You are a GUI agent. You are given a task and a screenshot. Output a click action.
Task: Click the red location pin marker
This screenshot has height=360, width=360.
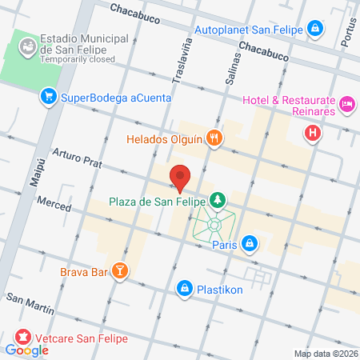(x=180, y=177)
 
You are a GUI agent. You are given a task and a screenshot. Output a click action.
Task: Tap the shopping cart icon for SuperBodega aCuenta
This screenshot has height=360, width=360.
(x=49, y=98)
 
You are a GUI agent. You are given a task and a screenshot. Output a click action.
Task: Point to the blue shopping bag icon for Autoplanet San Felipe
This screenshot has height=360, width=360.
(x=316, y=30)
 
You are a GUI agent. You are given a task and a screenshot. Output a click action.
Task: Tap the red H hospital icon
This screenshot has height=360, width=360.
(x=314, y=133)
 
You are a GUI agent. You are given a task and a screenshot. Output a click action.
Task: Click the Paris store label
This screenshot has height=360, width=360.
(x=226, y=244)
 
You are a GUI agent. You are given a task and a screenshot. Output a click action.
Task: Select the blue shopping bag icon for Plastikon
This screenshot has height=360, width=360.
(x=184, y=286)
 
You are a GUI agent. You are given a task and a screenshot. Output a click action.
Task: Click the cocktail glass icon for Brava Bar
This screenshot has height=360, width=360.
(x=120, y=272)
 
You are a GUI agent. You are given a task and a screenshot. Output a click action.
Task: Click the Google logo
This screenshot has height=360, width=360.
(x=26, y=350)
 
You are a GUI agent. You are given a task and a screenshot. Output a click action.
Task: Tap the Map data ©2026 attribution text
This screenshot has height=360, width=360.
(x=326, y=354)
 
